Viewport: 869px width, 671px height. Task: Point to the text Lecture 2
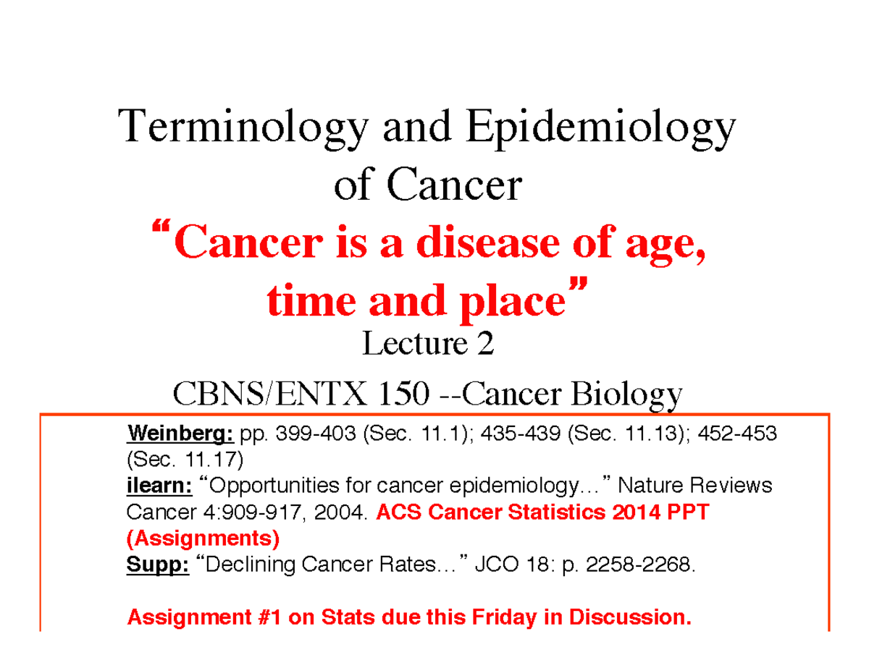coord(427,345)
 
